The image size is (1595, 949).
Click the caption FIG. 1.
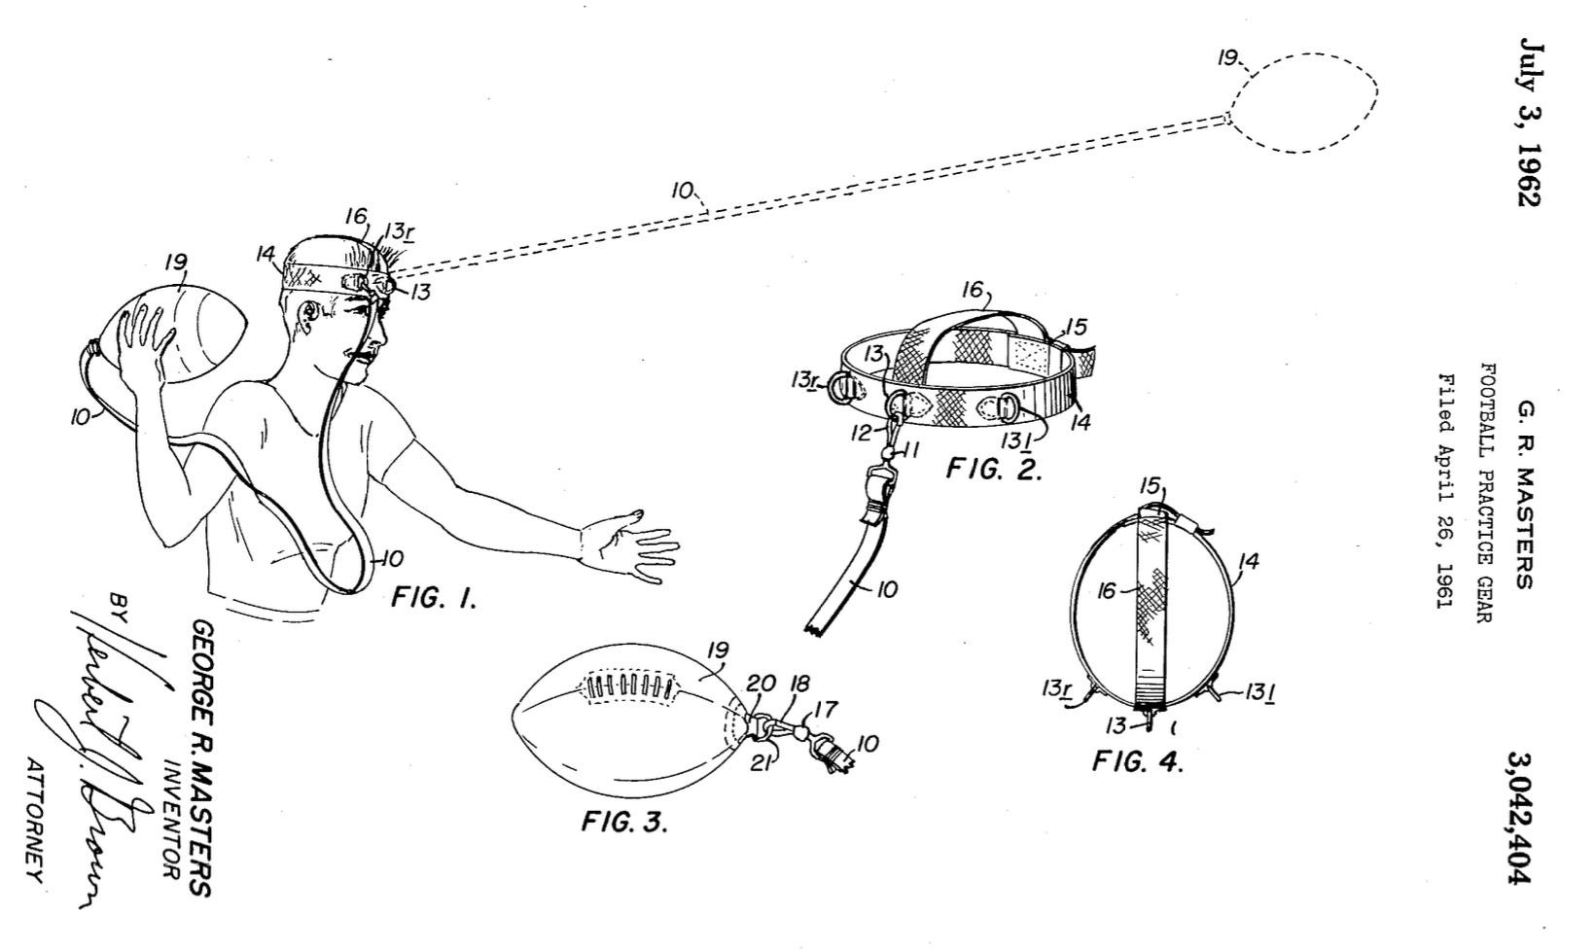click(x=434, y=599)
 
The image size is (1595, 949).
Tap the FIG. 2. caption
click(x=994, y=471)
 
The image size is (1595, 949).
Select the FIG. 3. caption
click(x=624, y=823)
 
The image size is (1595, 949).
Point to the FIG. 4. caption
click(x=1137, y=761)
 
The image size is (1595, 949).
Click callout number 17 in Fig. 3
click(x=829, y=711)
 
